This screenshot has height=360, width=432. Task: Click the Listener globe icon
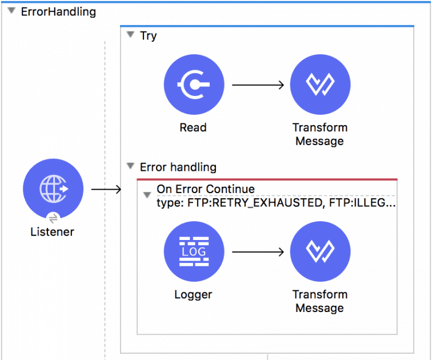53,189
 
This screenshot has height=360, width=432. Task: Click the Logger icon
193,251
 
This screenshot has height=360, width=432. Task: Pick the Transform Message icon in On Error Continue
320,251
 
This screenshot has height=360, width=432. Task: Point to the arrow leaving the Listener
106,189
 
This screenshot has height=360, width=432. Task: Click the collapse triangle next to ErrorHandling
11,11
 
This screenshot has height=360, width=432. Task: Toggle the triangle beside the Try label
130,35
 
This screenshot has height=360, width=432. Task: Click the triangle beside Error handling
130,167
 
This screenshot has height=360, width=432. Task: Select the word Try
149,35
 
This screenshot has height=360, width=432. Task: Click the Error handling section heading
178,167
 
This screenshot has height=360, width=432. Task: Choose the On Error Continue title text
206,189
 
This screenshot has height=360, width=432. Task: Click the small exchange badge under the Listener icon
53,218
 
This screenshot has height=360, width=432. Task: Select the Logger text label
193,295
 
